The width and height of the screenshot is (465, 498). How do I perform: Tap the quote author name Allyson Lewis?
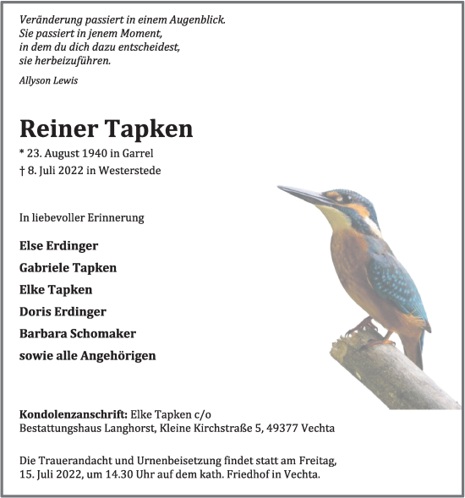click(48, 80)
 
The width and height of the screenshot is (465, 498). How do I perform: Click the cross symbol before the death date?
click(22, 170)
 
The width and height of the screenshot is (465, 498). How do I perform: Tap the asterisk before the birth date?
click(22, 152)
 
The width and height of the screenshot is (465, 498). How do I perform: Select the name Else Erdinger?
click(58, 245)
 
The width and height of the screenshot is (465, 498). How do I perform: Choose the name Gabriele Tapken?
click(68, 267)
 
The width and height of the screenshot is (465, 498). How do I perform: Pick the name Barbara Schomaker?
click(77, 333)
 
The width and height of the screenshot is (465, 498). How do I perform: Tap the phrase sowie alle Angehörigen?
click(87, 355)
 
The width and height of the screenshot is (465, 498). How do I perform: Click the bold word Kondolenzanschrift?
click(74, 414)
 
